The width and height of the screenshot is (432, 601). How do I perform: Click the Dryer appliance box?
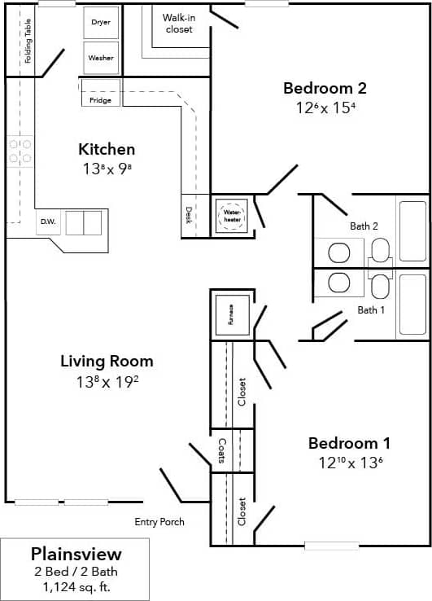[101, 23]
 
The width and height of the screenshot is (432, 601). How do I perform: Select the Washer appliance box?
[101, 58]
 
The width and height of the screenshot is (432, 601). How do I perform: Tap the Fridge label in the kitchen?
[101, 100]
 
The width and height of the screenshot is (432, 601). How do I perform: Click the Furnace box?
[231, 314]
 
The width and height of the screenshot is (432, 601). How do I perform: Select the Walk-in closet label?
[178, 23]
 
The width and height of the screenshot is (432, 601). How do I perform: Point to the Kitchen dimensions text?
[107, 169]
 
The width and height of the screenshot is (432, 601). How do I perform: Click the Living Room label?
[107, 361]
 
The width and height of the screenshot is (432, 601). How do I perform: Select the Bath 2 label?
[364, 226]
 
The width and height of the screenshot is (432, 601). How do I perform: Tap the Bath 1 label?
[371, 309]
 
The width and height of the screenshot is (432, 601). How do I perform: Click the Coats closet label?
[221, 450]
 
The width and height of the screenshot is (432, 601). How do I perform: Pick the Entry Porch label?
[159, 522]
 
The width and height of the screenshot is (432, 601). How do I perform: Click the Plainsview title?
[76, 554]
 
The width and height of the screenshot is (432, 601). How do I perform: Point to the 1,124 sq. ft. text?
[76, 586]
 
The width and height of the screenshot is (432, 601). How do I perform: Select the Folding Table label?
[28, 41]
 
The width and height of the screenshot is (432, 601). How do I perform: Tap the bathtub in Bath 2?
[412, 229]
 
